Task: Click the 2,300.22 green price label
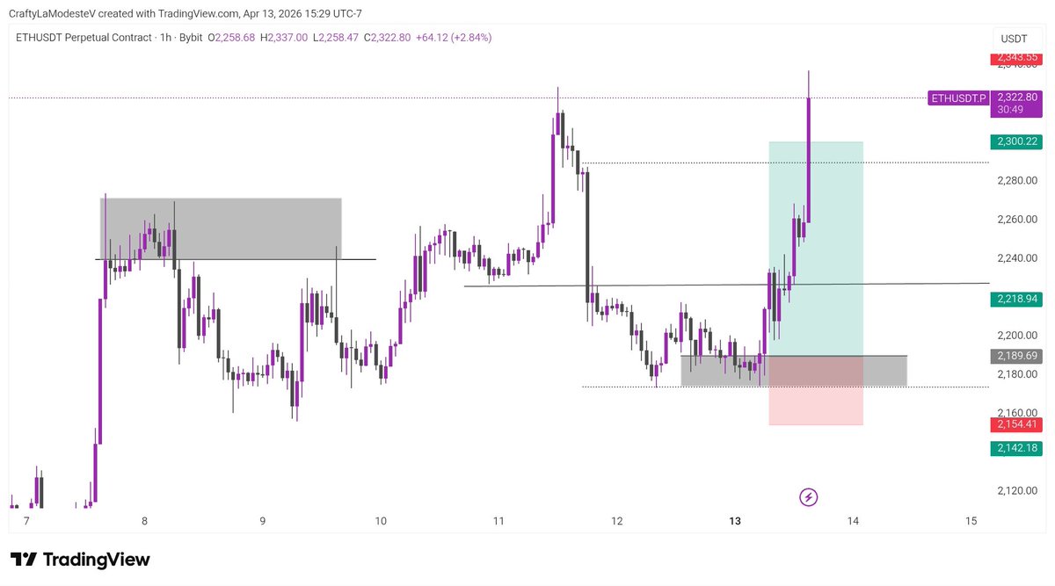[1015, 141]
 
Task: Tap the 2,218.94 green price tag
[1015, 300]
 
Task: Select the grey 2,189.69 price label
[1015, 356]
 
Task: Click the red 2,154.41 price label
[1015, 424]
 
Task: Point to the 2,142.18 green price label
[1015, 448]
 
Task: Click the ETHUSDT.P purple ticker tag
[958, 98]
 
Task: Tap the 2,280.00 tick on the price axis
[1018, 181]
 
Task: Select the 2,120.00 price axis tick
[1018, 490]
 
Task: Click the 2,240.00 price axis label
[1018, 258]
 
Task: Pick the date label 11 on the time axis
[498, 521]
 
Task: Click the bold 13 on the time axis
[735, 521]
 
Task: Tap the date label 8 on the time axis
[144, 521]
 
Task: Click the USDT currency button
[1014, 39]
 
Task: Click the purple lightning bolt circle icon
[809, 498]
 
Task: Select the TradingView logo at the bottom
[80, 560]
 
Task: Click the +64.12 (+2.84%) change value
[454, 38]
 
